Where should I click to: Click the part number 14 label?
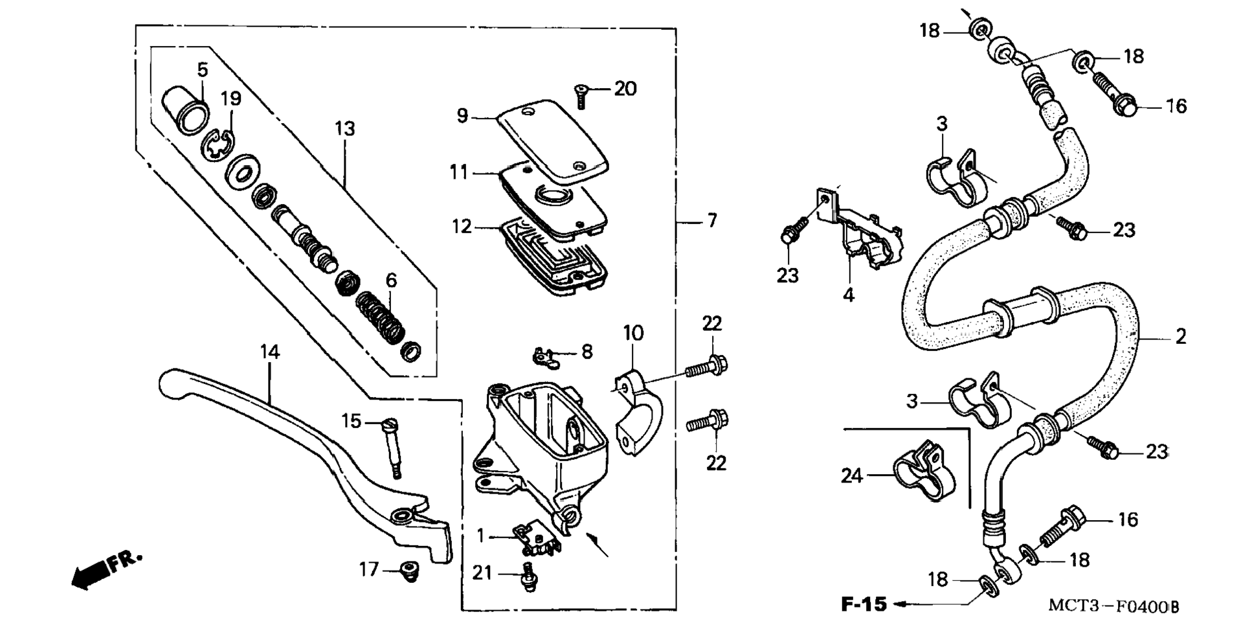coord(270,352)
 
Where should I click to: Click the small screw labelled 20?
coord(581,97)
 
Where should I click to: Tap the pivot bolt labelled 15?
coord(392,447)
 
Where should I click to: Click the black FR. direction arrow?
coord(91,575)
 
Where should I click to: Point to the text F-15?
coord(864,604)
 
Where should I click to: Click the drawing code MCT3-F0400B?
coord(1113,606)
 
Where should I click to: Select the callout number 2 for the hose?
coord(1181,336)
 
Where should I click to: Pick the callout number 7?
coord(712,221)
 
